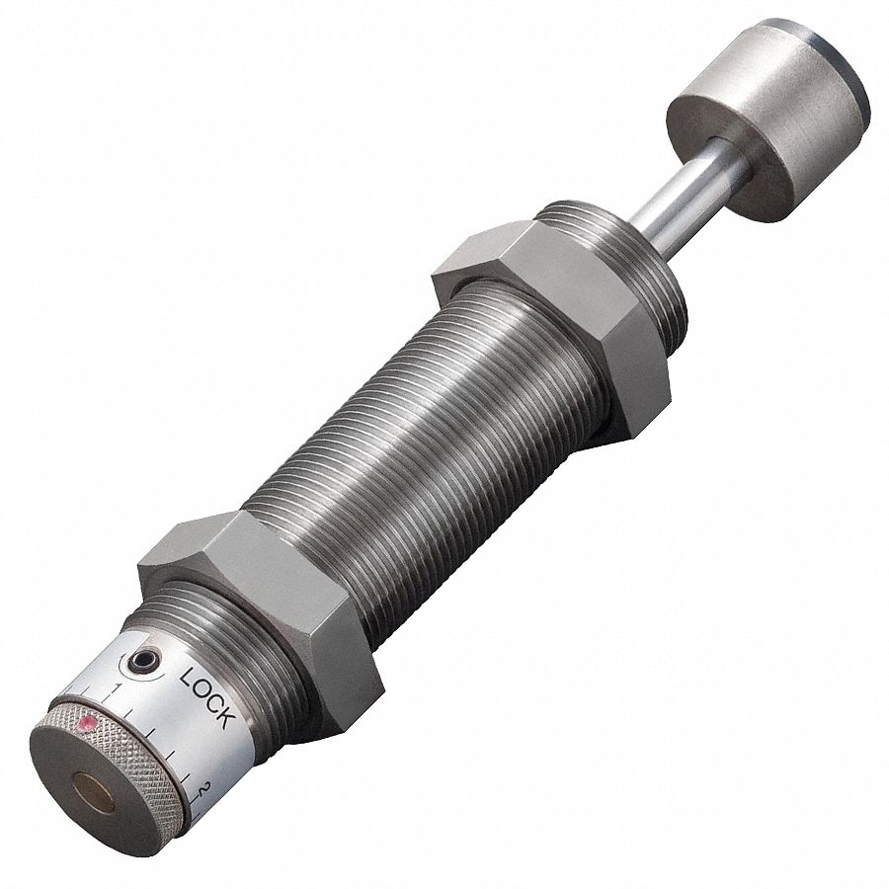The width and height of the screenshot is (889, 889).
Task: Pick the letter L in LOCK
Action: click(189, 679)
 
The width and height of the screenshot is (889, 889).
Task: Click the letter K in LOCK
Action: click(226, 718)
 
